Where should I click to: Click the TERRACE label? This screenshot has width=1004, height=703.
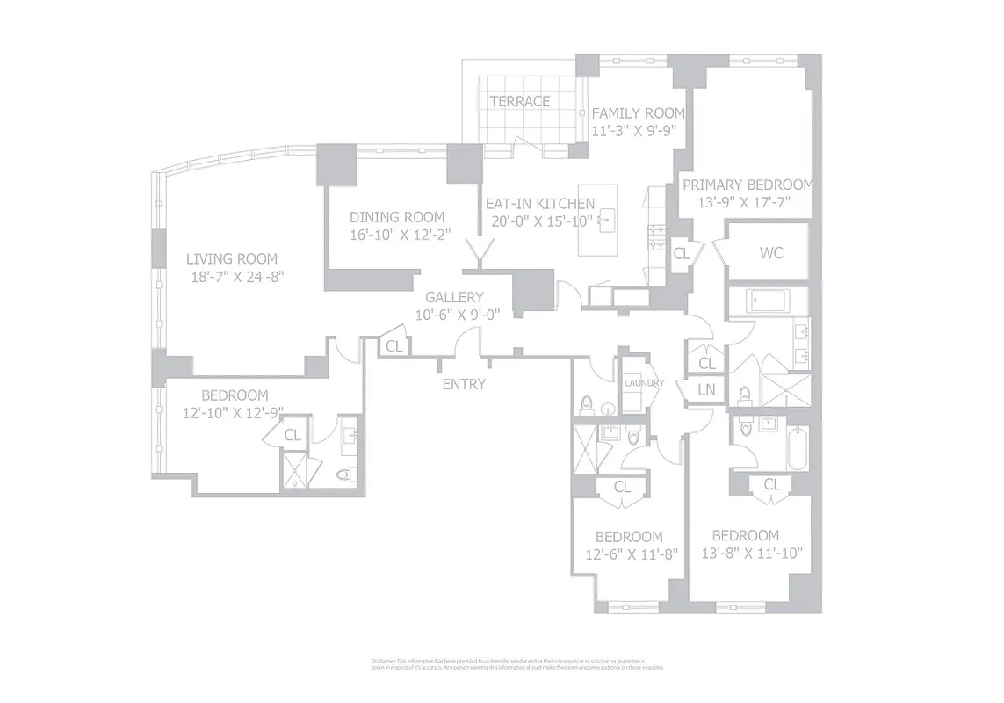[x=520, y=101]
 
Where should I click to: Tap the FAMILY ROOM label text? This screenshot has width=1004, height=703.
[x=637, y=113]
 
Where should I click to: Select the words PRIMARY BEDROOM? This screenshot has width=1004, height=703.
[x=748, y=185]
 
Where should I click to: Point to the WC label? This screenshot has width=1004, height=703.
[x=770, y=253]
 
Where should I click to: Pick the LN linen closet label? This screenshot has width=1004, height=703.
[x=706, y=389]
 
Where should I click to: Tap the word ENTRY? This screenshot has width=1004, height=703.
[x=463, y=384]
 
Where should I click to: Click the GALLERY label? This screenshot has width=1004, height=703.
[x=454, y=298]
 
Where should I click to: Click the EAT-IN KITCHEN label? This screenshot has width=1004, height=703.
[x=539, y=203]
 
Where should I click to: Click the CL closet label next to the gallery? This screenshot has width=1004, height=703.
[x=394, y=346]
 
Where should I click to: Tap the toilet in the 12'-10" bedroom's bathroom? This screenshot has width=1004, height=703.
[x=345, y=475]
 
